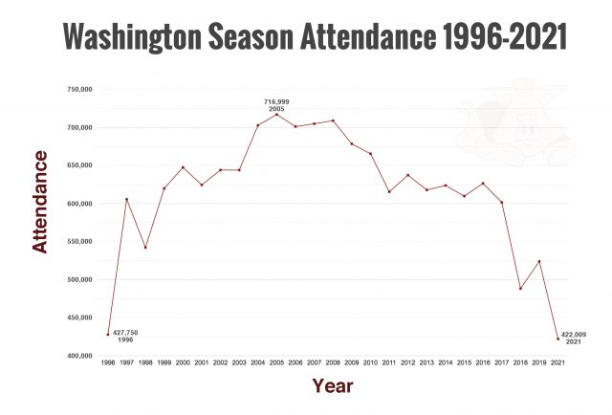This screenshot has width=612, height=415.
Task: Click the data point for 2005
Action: [276, 114]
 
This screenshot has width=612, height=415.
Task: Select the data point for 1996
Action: [108, 334]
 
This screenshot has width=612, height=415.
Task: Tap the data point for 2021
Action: [558, 339]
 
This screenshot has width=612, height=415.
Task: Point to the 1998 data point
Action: [145, 247]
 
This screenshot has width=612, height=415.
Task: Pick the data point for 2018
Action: [520, 288]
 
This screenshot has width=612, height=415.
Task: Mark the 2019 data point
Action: [539, 261]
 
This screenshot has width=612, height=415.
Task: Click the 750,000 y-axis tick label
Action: [78, 89]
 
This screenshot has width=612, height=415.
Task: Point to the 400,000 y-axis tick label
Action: [78, 356]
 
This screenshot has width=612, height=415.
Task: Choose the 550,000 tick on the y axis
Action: [78, 241]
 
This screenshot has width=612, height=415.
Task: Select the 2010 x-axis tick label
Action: [370, 364]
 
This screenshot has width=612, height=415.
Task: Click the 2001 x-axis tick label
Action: [202, 364]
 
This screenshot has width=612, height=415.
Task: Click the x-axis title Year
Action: [332, 386]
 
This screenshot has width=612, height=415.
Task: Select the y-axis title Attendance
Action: [40, 201]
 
